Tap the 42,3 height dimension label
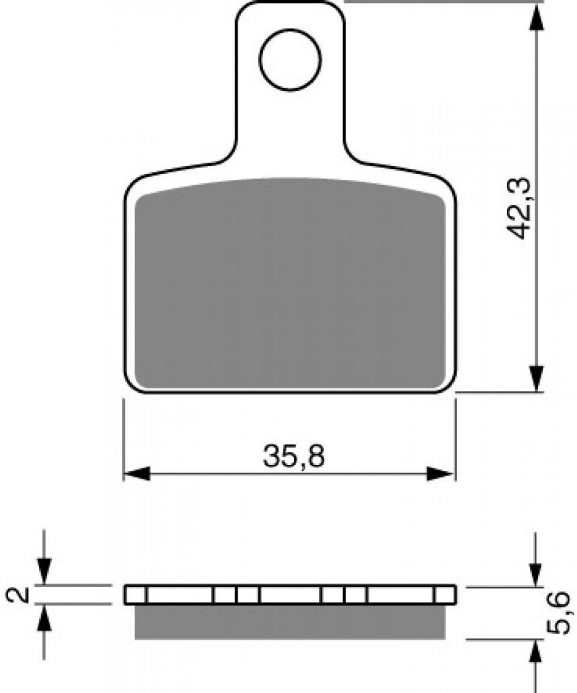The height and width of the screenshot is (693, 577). [x=519, y=208]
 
